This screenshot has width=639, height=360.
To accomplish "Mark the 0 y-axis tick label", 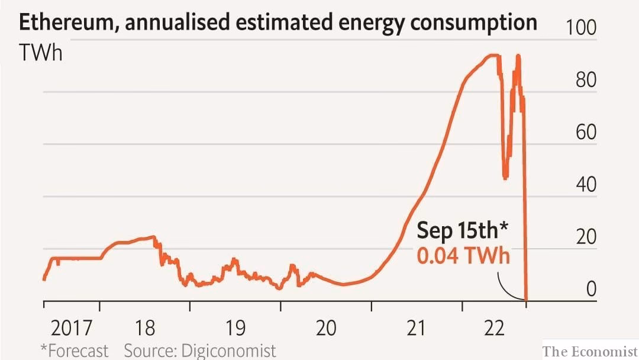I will pos(592,289).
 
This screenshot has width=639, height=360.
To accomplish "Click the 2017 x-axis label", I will pos(72,327).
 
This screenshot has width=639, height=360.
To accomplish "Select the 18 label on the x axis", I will pos(144,327).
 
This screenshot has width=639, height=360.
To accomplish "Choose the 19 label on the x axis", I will pos(235,327).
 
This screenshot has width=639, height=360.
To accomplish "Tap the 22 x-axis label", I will pos(493,327).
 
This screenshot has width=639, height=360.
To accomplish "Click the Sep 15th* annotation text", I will pos(463,230).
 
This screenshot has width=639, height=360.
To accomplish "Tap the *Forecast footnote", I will pos(74,350).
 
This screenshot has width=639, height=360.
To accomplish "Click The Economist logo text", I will pos(590,351).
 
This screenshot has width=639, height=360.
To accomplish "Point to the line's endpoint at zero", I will pos(527,300).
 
